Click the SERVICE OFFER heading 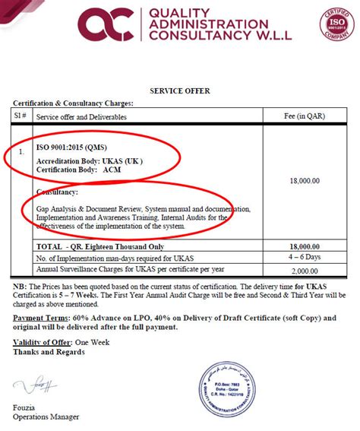pyautogui.click(x=180, y=91)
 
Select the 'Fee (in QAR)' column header pyautogui.click(x=304, y=117)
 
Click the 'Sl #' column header pyautogui.click(x=21, y=117)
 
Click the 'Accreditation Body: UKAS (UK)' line pyautogui.click(x=89, y=161)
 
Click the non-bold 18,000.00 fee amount pyautogui.click(x=303, y=181)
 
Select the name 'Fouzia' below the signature pyautogui.click(x=24, y=408)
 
